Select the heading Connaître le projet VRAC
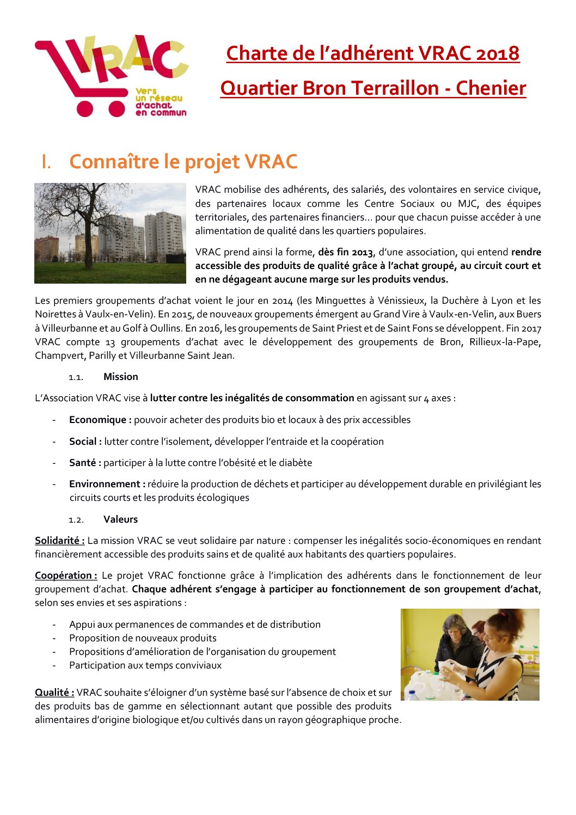(183, 162)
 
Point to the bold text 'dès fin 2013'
(346, 252)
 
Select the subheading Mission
(120, 377)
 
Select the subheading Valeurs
(120, 519)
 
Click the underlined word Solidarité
(59, 541)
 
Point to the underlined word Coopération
(66, 575)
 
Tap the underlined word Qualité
(54, 693)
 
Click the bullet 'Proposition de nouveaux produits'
(143, 638)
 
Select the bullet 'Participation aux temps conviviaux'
(145, 665)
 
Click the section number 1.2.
(76, 520)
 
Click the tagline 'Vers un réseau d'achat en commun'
(160, 102)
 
